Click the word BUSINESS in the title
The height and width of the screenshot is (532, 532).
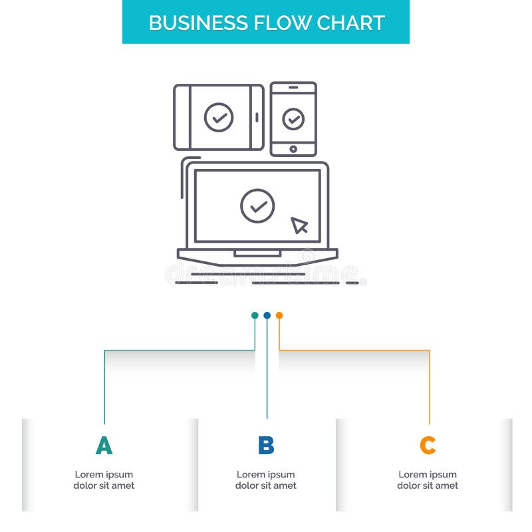click(x=190, y=23)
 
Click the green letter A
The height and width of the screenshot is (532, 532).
click(x=104, y=446)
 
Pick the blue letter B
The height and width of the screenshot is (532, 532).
click(x=266, y=446)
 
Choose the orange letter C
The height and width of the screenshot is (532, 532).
click(x=428, y=446)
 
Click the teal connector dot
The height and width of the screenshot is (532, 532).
click(x=255, y=315)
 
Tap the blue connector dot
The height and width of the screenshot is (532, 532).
click(x=267, y=315)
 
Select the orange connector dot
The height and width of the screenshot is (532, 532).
click(x=279, y=315)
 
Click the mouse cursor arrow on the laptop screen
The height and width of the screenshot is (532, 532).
click(x=299, y=225)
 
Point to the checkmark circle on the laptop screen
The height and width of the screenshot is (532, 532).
click(x=257, y=205)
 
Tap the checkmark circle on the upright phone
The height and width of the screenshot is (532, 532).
click(x=293, y=119)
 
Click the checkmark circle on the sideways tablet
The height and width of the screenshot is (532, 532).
click(x=219, y=117)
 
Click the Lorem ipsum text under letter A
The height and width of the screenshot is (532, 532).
click(x=104, y=480)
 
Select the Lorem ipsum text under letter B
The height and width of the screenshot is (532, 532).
click(x=266, y=480)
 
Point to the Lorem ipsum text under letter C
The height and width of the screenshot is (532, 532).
click(x=428, y=480)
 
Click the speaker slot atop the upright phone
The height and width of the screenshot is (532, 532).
click(x=293, y=88)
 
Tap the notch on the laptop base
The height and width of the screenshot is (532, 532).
click(x=257, y=253)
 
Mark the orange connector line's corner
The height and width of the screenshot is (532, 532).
click(x=429, y=350)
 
